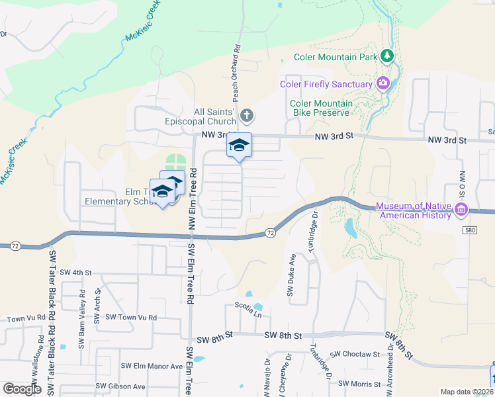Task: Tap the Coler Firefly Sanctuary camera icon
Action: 382,83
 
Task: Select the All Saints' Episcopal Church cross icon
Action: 246,116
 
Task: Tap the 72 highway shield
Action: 269,232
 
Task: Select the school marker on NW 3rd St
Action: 240,147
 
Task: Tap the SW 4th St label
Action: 75,272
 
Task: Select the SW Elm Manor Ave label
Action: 151,366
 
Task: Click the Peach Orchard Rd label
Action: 235,75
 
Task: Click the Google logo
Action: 22,389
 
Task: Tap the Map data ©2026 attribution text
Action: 466,392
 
